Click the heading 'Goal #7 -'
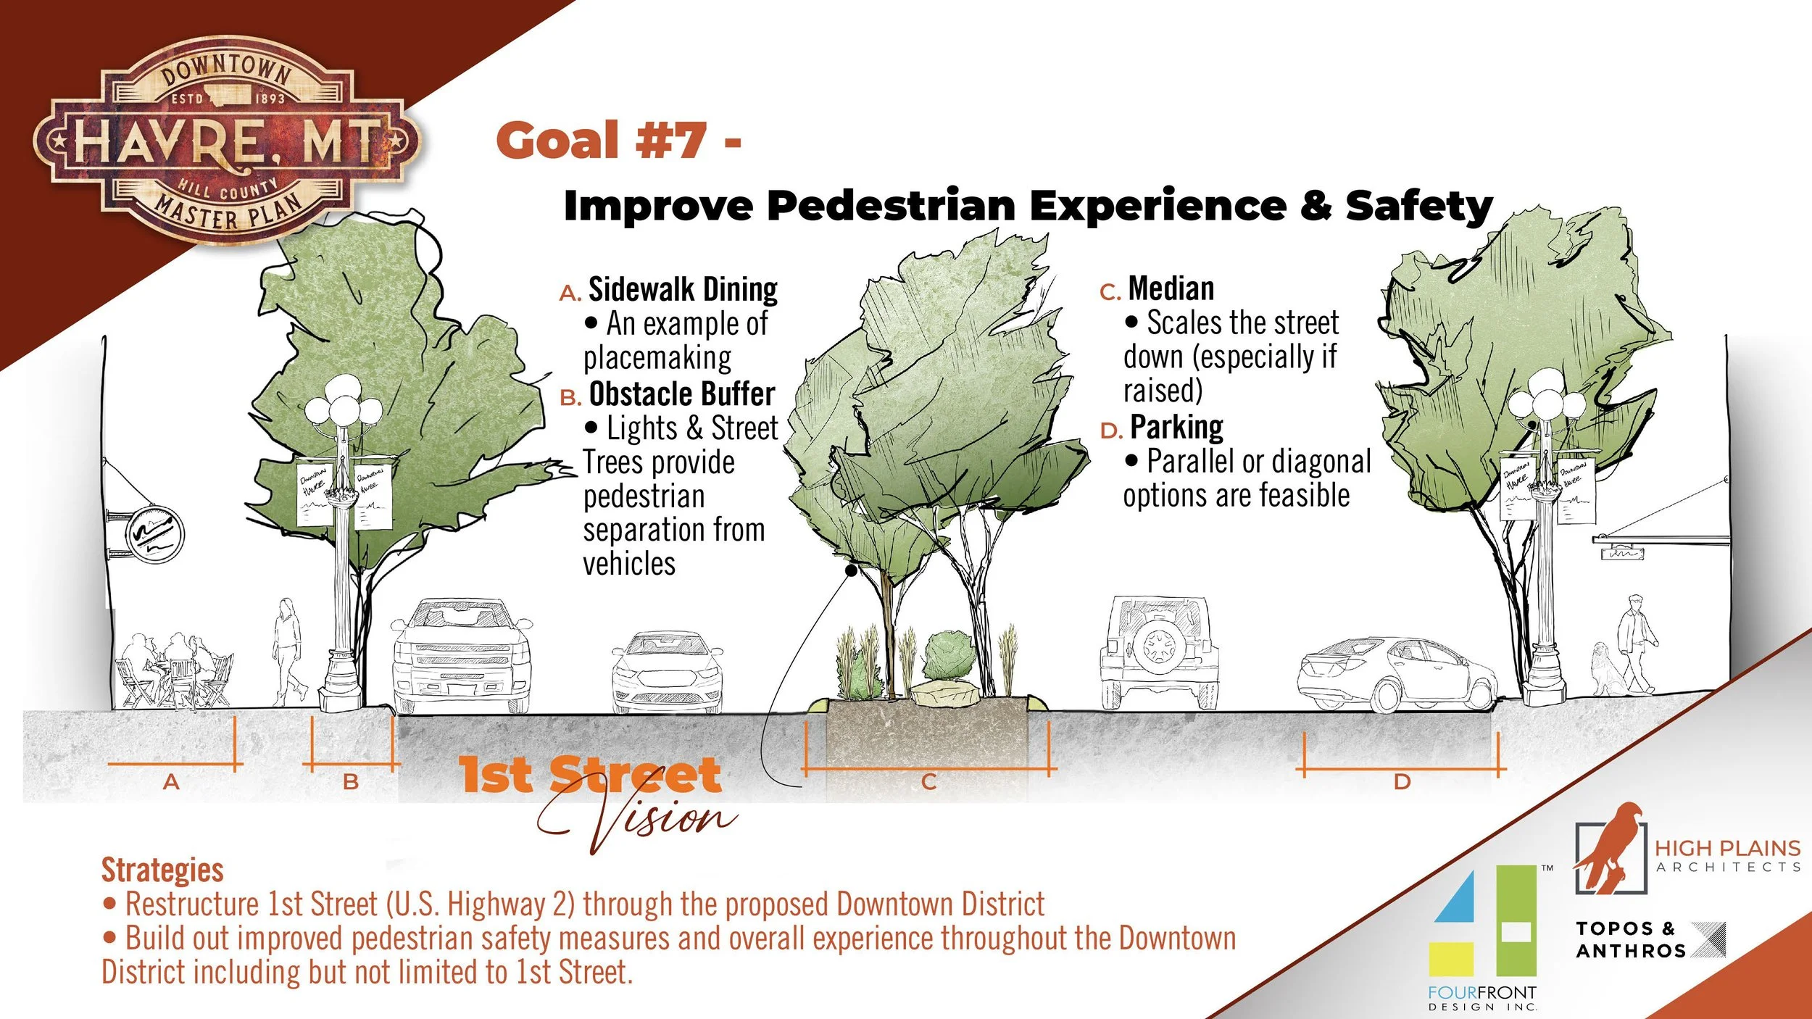point(618,140)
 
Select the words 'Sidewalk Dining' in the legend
point(682,289)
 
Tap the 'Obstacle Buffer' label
point(681,394)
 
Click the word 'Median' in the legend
point(1171,288)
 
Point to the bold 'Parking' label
point(1176,427)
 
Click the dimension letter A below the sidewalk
point(171,782)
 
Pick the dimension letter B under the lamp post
point(351,782)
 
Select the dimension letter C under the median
point(928,782)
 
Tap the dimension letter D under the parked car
point(1402,782)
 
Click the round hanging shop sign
point(154,535)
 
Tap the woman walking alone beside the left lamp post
point(288,649)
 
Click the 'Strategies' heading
point(162,870)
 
